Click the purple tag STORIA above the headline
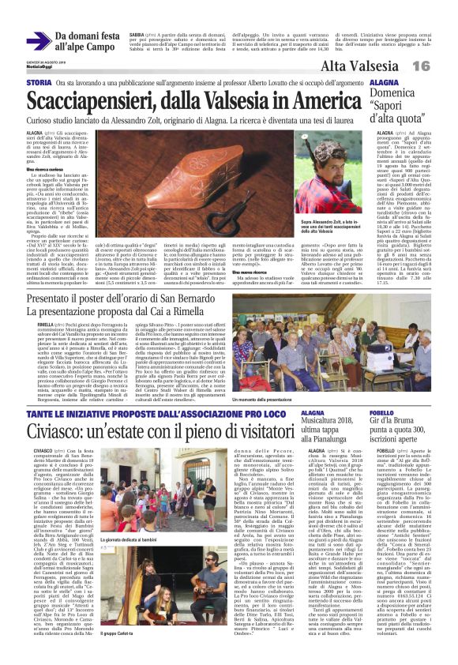point(39,83)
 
